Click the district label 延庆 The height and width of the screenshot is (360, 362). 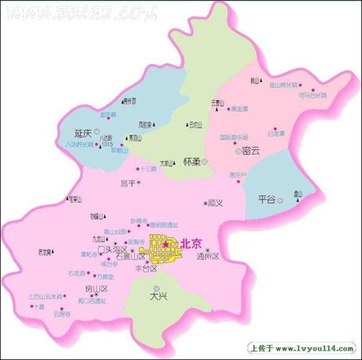pos(83,133)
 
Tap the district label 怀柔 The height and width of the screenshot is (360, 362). pos(191,162)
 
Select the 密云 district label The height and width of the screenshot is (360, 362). pos(251,152)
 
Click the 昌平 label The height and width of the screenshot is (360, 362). pos(127,184)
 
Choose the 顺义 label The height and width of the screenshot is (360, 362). pos(214,203)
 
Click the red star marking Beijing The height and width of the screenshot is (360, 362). pos(166,245)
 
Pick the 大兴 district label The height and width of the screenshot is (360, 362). pos(158,295)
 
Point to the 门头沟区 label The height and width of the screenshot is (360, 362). pos(117,249)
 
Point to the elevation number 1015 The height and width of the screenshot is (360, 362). pos(108,145)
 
